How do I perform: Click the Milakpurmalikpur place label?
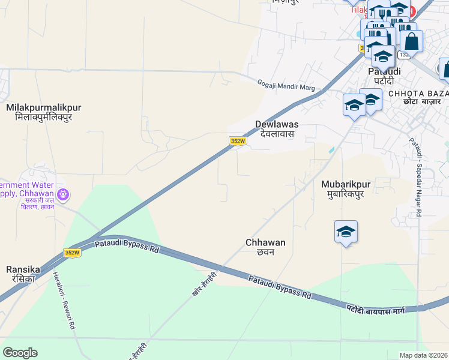(43, 107)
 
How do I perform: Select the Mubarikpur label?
(343, 184)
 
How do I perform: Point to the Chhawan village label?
(265, 242)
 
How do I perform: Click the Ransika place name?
(23, 269)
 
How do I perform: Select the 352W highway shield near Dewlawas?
(238, 141)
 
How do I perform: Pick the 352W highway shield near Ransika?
(72, 253)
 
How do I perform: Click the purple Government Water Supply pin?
(63, 194)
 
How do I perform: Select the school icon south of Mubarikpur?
(346, 232)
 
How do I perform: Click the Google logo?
(20, 353)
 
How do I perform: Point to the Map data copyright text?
(423, 355)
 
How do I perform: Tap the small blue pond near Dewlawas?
(331, 149)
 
